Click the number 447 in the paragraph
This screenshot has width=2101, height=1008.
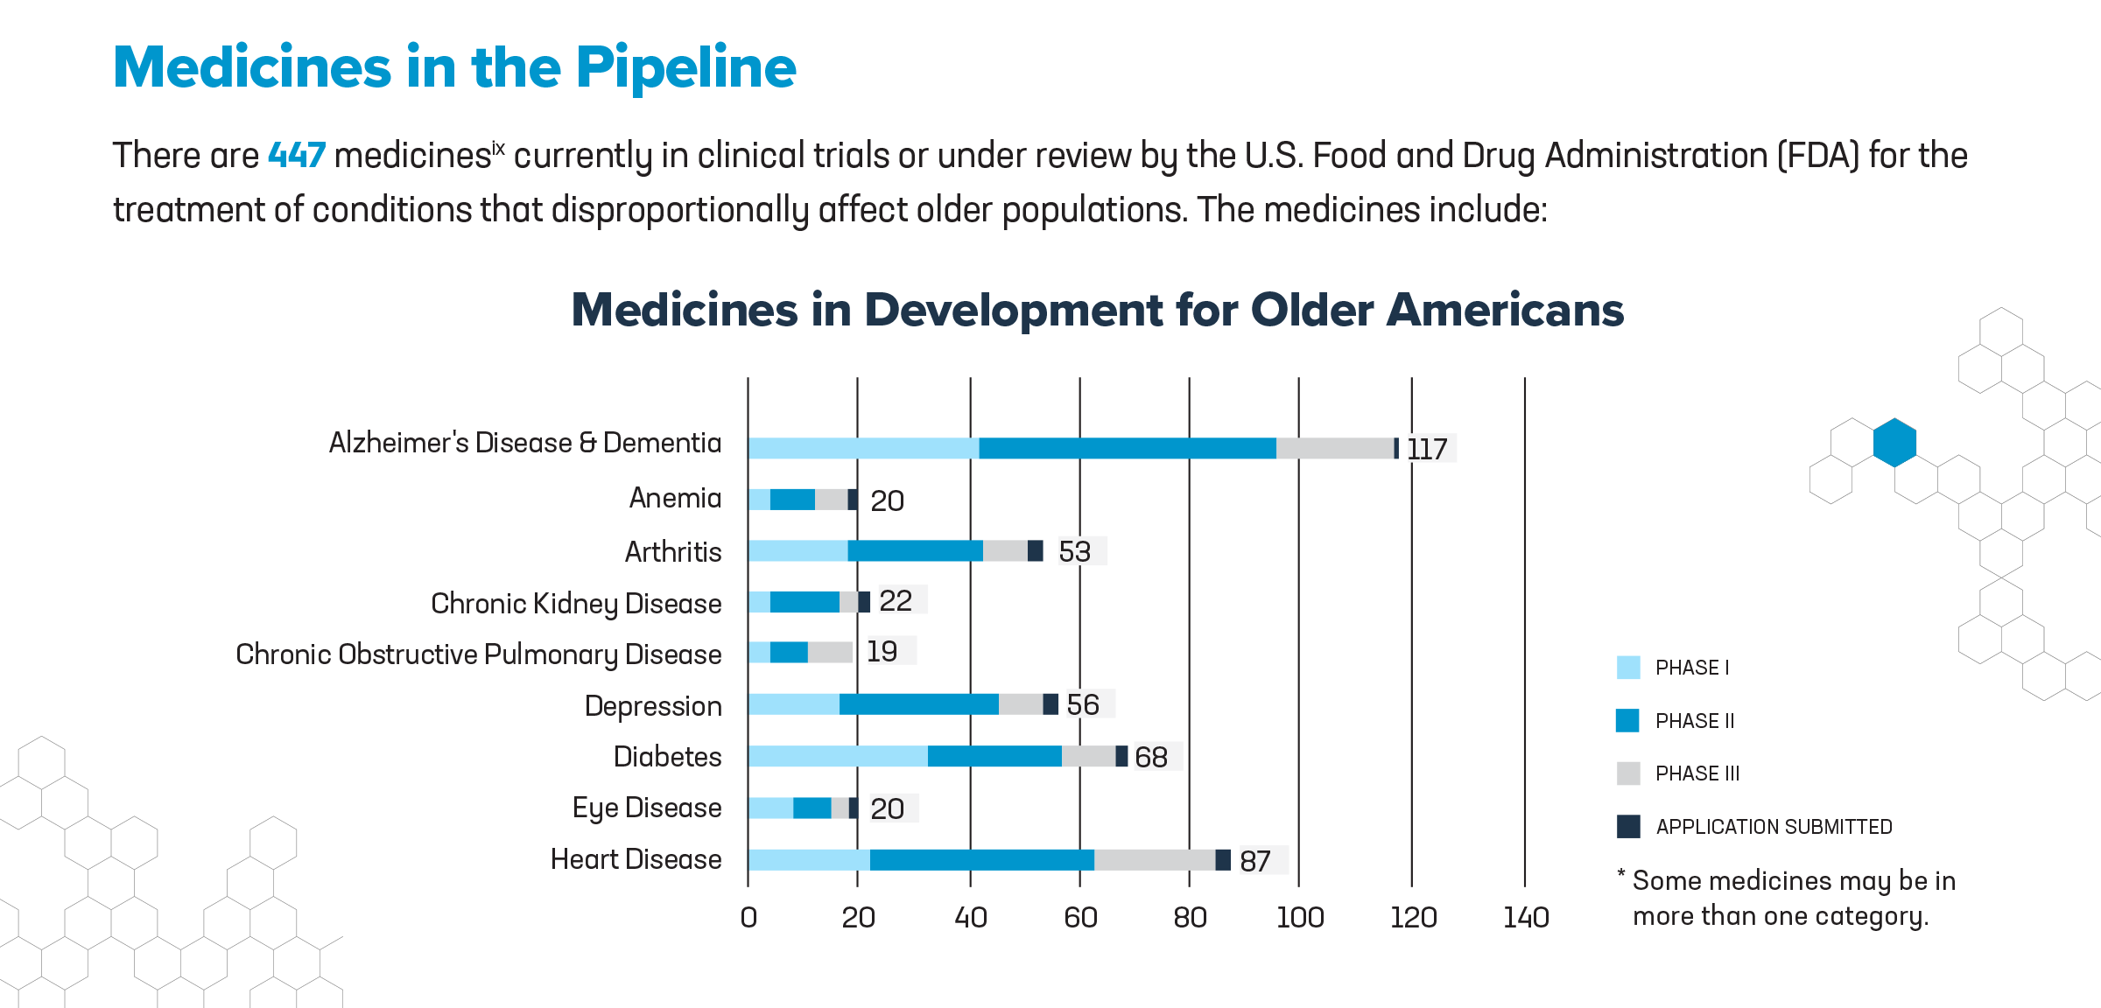297,156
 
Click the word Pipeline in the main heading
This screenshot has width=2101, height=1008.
685,68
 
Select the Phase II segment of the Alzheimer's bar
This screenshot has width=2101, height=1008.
1127,448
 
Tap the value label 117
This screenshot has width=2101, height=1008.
1427,449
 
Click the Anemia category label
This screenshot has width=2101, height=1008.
675,498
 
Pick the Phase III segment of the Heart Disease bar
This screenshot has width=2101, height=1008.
1154,860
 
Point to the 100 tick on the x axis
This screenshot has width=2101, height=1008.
1299,917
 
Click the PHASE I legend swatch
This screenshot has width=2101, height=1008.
1628,668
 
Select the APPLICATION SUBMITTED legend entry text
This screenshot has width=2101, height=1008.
1774,827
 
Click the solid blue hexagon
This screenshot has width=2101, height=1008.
1894,443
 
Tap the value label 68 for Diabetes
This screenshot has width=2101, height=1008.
1151,757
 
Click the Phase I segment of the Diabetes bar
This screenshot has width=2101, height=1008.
837,756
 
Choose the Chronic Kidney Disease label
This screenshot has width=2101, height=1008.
576,604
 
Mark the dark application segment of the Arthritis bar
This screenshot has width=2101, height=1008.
1035,550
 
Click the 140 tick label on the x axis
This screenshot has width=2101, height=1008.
1525,917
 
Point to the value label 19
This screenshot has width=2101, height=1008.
882,651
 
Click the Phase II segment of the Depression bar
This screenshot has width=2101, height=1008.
918,704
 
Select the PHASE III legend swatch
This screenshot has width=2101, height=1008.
1628,773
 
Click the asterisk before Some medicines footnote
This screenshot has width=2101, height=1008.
1620,875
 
